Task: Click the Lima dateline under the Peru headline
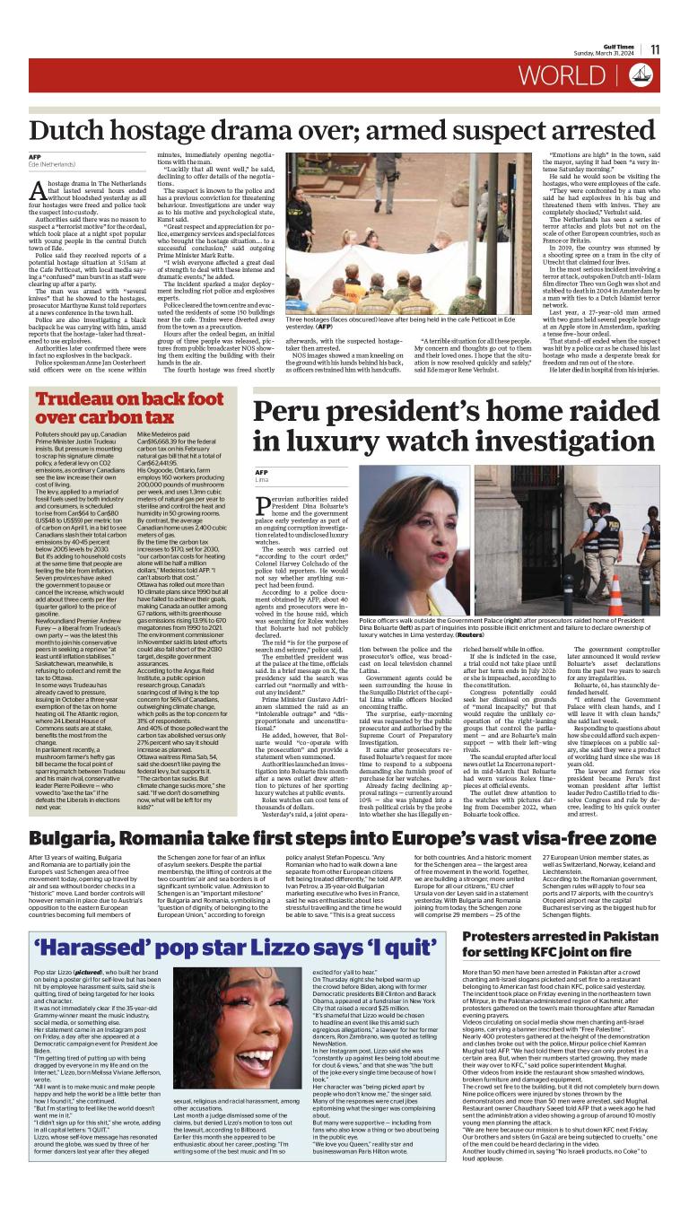click(262, 481)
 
